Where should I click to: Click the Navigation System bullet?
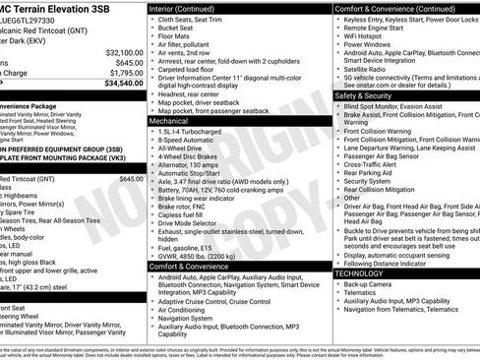(x=190, y=318)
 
